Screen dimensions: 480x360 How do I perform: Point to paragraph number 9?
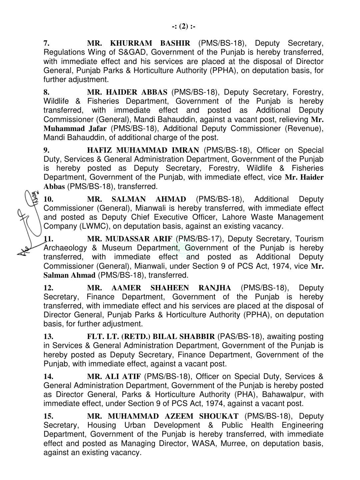click(x=47, y=150)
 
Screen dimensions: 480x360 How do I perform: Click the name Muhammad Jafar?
click(x=75, y=129)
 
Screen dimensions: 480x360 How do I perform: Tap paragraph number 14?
click(x=48, y=377)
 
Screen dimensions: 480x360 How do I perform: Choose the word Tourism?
click(x=309, y=239)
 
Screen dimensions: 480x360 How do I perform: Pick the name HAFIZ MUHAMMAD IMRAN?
click(x=143, y=150)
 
